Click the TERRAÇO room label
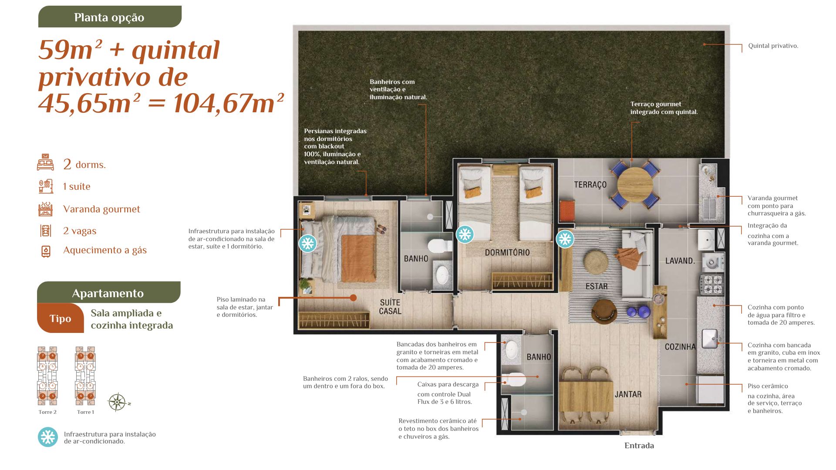[x=590, y=185]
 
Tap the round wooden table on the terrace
[x=635, y=185]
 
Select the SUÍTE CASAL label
[x=390, y=307]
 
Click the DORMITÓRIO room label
[x=507, y=252]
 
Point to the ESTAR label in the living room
[x=597, y=286]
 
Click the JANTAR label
[x=628, y=394]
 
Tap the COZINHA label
[x=680, y=347]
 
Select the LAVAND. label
[x=680, y=261]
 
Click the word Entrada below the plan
[x=639, y=446]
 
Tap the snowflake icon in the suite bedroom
[x=308, y=243]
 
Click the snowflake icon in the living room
[x=565, y=239]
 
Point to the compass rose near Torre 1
[x=117, y=402]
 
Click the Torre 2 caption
[x=47, y=412]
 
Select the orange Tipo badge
[x=60, y=318]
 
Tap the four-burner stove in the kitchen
[x=711, y=284]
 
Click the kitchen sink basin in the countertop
[x=710, y=339]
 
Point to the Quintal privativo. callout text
[x=773, y=46]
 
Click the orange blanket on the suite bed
[x=358, y=258]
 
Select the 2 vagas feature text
[x=80, y=231]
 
